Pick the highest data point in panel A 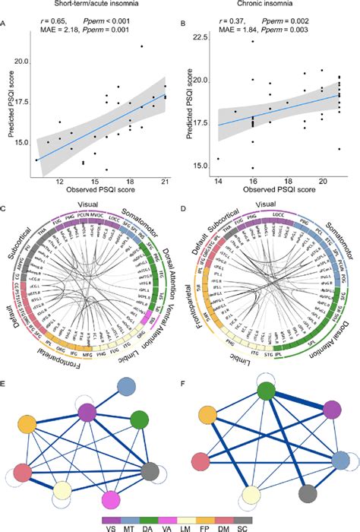pyautogui.click(x=141, y=46)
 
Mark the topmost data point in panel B pyautogui.click(x=252, y=41)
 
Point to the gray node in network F pyautogui.click(x=307, y=494)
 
